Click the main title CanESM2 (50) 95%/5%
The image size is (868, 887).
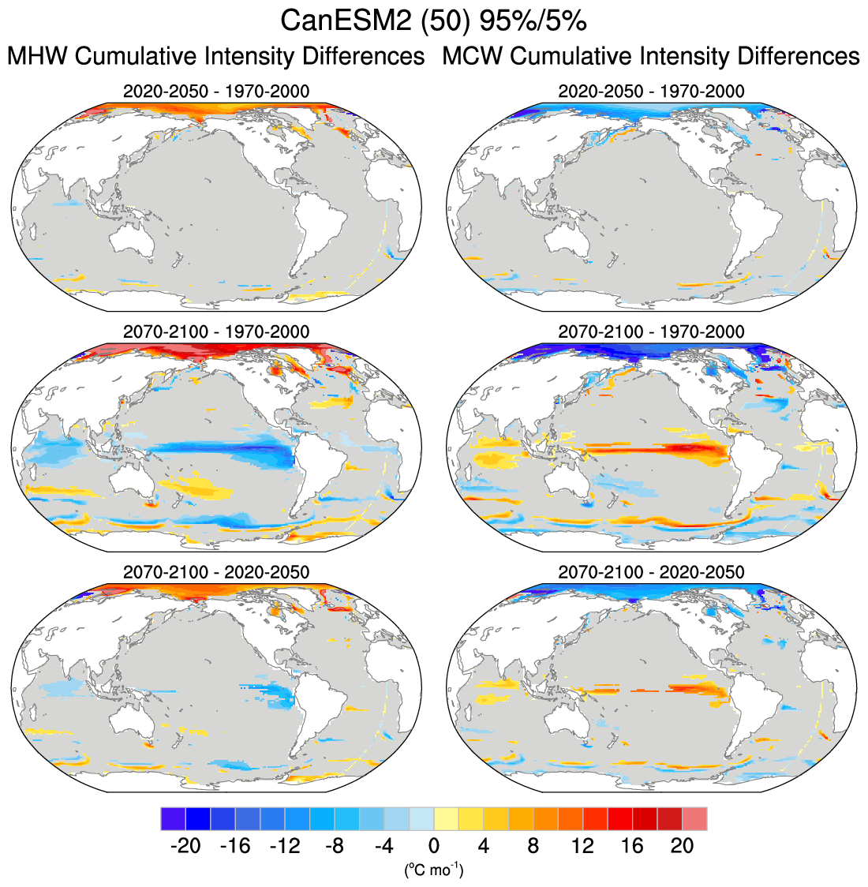point(433,21)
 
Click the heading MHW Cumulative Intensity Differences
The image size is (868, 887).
point(216,57)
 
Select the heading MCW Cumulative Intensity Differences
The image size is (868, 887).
point(651,57)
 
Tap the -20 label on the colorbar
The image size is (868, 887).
point(185,846)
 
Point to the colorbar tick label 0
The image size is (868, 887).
point(434,846)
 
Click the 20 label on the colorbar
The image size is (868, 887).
point(683,846)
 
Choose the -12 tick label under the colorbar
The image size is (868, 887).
point(285,846)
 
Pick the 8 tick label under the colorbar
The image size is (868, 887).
point(533,846)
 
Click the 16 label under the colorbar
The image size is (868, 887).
point(633,846)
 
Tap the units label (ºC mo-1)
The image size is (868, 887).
point(434,870)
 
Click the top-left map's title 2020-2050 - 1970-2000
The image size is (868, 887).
point(216,92)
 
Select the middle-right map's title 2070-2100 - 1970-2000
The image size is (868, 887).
point(651,331)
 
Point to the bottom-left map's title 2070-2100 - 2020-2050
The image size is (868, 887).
point(216,571)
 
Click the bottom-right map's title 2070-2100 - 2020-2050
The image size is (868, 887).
point(651,571)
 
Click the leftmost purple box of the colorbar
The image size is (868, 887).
point(173,818)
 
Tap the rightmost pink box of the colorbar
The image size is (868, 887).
point(695,818)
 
